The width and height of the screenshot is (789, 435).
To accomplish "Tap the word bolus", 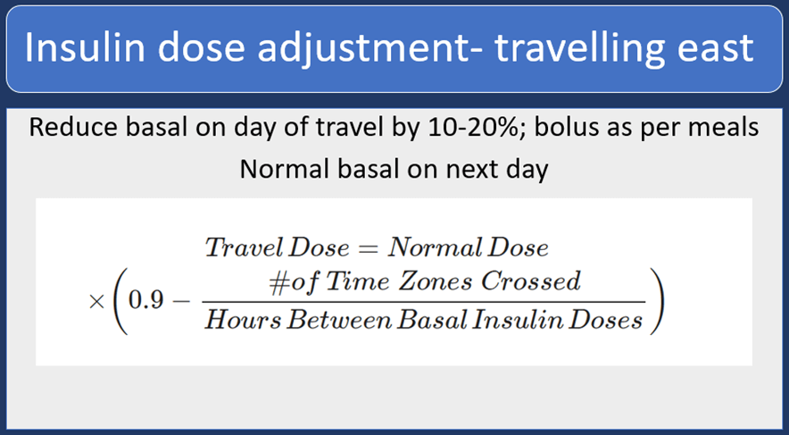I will coord(566,128).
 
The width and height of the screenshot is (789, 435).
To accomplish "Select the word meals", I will coord(719,128).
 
